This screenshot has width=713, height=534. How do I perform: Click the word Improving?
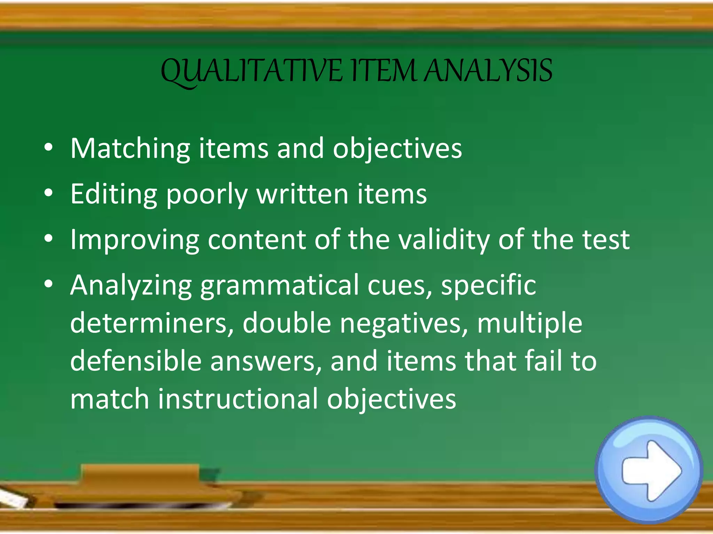pos(134,240)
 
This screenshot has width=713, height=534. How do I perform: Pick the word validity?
pos(444,240)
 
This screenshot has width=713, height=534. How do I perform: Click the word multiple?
pos(529,324)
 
